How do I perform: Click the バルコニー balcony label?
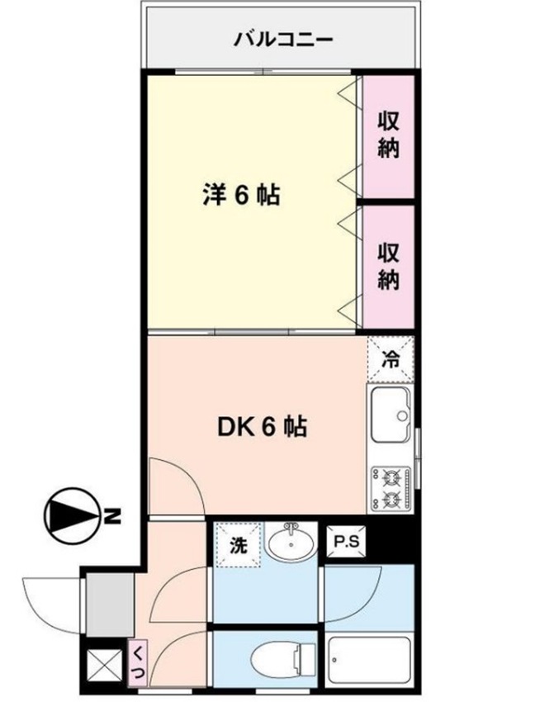tap(282, 39)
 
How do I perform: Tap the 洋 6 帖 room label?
tap(240, 196)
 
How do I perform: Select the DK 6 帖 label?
tap(263, 426)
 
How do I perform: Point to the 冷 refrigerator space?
tap(390, 358)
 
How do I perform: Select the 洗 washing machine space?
tap(237, 545)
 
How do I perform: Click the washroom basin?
tap(290, 543)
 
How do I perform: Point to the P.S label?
tap(345, 542)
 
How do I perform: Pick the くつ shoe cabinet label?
tap(136, 662)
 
